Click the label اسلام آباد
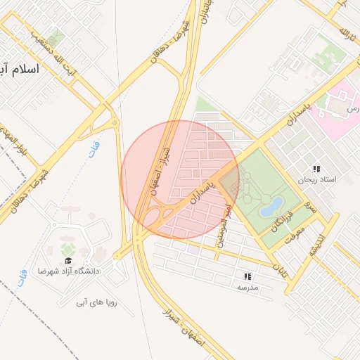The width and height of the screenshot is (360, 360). (x=21, y=70)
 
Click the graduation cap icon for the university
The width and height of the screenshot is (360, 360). (x=69, y=261)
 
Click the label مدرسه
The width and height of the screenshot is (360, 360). (x=247, y=287)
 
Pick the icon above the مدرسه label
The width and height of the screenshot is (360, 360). (x=247, y=277)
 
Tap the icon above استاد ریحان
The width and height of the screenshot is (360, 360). (x=317, y=169)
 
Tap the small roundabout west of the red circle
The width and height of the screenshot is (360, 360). (x=114, y=124)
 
